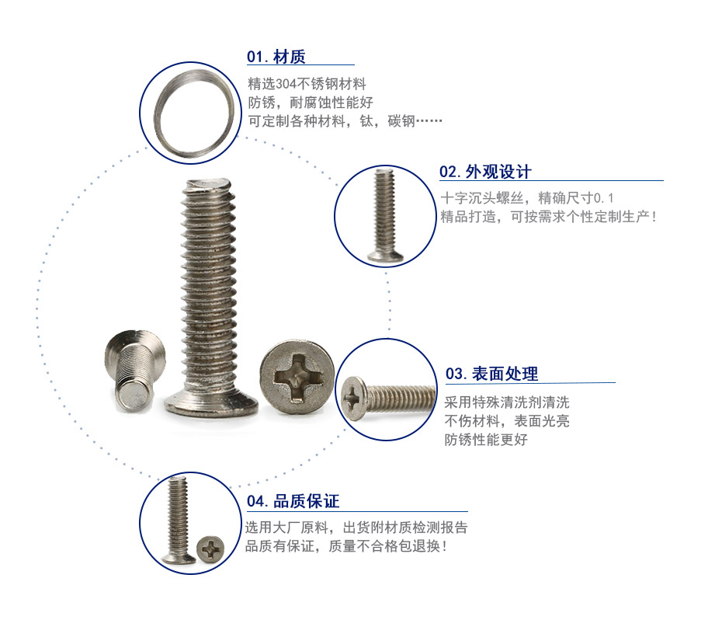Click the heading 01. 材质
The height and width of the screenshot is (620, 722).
pyautogui.click(x=276, y=57)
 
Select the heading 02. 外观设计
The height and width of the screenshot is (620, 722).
pyautogui.click(x=485, y=172)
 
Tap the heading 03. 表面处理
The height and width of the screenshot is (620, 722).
pyautogui.click(x=491, y=374)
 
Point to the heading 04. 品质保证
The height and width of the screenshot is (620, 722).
pyautogui.click(x=293, y=501)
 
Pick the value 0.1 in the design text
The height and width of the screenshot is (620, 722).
pyautogui.click(x=604, y=198)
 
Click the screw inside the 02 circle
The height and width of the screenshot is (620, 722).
pyautogui.click(x=385, y=216)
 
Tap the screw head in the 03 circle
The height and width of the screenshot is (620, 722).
pyautogui.click(x=353, y=399)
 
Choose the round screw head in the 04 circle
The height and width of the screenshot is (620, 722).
pyautogui.click(x=210, y=549)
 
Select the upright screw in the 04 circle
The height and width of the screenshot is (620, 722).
pyautogui.click(x=178, y=521)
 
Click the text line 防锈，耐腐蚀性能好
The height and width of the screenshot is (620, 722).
pyautogui.click(x=311, y=103)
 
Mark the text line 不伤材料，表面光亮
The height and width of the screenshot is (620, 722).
pyautogui.click(x=507, y=421)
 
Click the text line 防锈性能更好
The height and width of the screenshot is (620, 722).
pyautogui.click(x=486, y=440)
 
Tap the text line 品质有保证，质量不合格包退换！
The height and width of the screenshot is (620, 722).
pyautogui.click(x=345, y=546)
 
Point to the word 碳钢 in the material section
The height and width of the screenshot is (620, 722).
pyautogui.click(x=401, y=121)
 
